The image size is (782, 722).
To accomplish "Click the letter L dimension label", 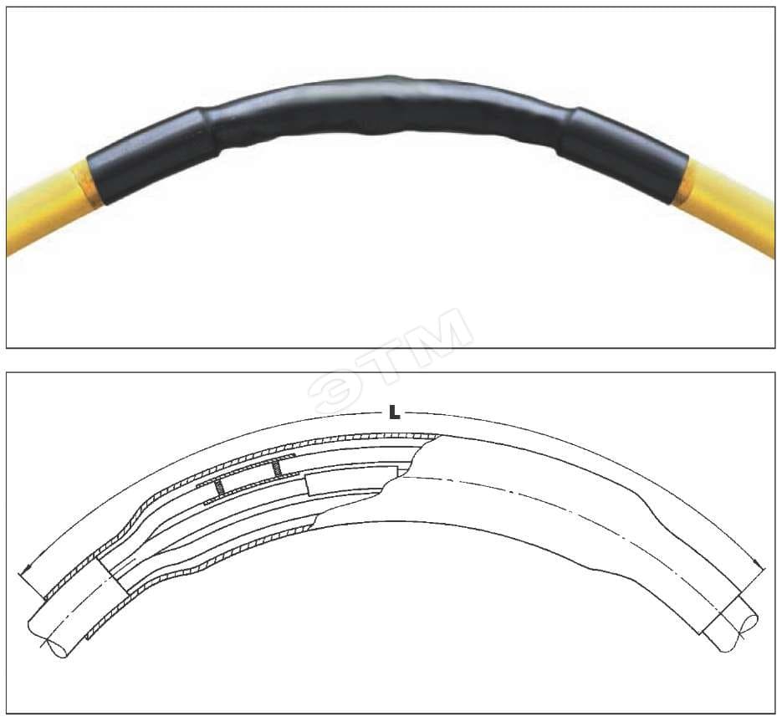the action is click(x=394, y=412).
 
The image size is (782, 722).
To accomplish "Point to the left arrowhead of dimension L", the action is click(x=27, y=568).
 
